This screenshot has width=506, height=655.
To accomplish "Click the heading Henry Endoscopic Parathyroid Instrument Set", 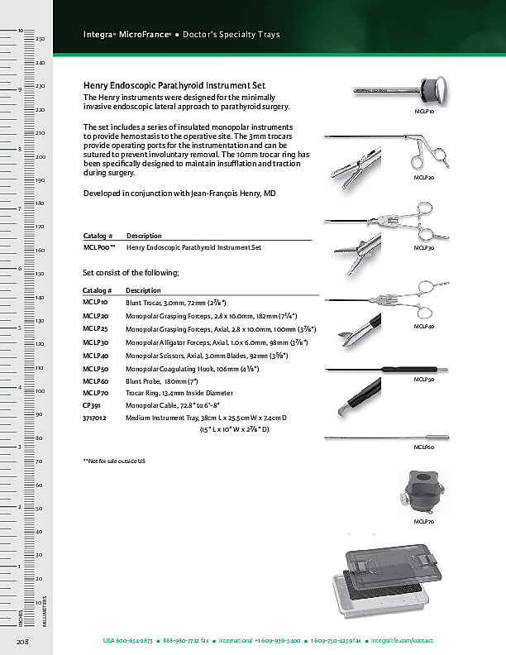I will point(174,86).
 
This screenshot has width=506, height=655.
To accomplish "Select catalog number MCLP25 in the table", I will point(96,328).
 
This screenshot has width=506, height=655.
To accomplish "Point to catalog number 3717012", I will point(94,418).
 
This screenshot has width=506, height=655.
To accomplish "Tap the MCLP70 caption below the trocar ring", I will point(423,523).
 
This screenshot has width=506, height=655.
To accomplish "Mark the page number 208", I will point(23,641).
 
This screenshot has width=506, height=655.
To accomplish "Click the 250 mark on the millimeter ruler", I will point(40,39).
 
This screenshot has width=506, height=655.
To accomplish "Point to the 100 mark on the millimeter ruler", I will point(40,390).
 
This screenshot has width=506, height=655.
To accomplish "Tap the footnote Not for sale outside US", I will point(114,460).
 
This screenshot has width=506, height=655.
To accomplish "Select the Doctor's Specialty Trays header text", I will point(231,35).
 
